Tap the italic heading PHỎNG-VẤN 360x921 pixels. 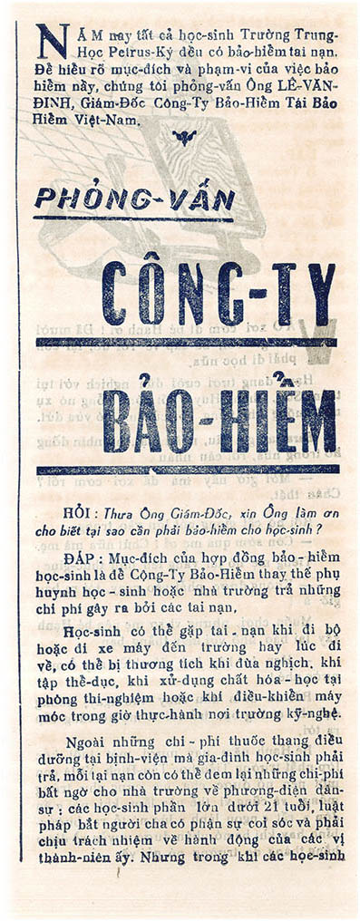click(x=133, y=200)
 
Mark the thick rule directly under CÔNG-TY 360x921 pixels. click(x=185, y=343)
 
